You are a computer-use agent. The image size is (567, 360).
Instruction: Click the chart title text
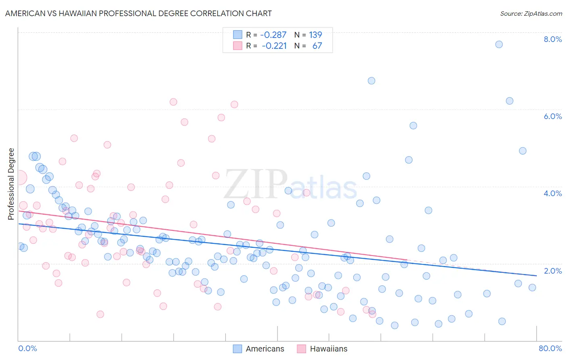click(x=138, y=13)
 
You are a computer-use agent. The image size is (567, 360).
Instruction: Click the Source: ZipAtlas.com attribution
click(x=531, y=13)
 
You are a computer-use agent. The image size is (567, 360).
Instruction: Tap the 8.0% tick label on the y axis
click(x=552, y=39)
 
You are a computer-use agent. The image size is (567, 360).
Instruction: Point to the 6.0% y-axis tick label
click(x=552, y=116)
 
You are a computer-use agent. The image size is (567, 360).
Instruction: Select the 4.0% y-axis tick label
click(x=552, y=193)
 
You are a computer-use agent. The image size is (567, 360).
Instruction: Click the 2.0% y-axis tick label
click(x=552, y=270)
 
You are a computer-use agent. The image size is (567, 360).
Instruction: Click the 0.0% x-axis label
click(x=27, y=348)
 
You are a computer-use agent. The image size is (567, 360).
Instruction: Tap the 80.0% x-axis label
click(x=550, y=348)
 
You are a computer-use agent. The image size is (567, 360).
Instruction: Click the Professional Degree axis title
click(x=11, y=184)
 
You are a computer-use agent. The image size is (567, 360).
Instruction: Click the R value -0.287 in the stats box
click(x=273, y=35)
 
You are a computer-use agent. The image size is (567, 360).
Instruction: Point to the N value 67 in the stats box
click(x=317, y=46)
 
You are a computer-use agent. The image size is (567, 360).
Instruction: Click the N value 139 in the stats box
click(x=315, y=35)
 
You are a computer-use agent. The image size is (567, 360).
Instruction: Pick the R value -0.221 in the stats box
click(x=274, y=46)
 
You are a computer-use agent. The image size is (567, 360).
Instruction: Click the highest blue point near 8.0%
click(x=499, y=44)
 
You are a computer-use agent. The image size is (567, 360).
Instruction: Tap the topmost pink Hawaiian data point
click(x=173, y=102)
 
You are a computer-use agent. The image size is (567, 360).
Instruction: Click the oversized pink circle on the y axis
click(x=19, y=177)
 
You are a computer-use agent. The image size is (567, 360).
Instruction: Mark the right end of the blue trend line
click(x=536, y=276)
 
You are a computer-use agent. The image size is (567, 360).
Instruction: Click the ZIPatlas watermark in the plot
click(x=290, y=184)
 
